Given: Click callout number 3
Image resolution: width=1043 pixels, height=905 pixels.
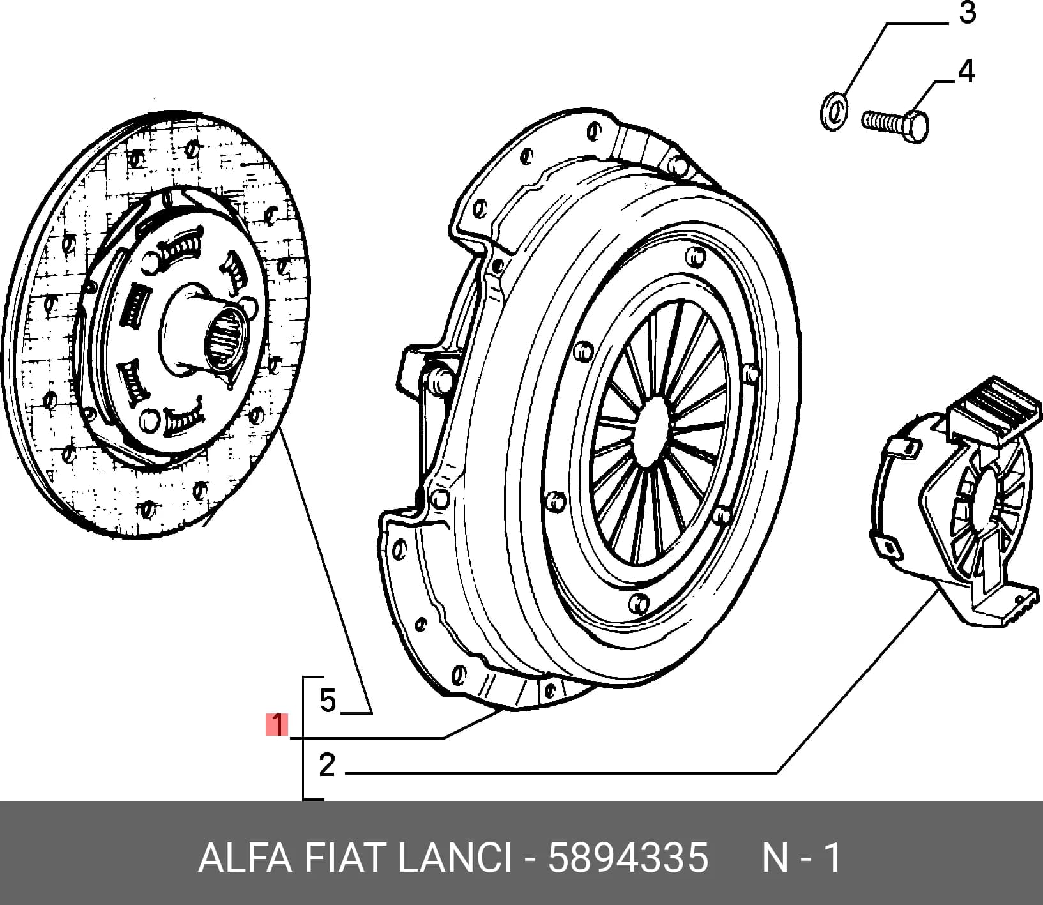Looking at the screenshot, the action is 968,13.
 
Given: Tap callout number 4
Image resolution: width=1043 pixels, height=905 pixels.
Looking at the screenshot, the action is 967,72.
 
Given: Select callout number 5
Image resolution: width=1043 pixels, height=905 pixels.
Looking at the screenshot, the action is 328,701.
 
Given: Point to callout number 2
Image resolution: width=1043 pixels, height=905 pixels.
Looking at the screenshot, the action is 327,764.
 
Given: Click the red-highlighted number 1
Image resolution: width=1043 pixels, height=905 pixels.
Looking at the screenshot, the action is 278,725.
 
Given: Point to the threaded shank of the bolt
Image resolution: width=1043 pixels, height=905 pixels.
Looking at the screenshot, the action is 882,120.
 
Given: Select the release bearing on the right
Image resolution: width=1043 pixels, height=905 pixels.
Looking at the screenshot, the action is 952,505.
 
